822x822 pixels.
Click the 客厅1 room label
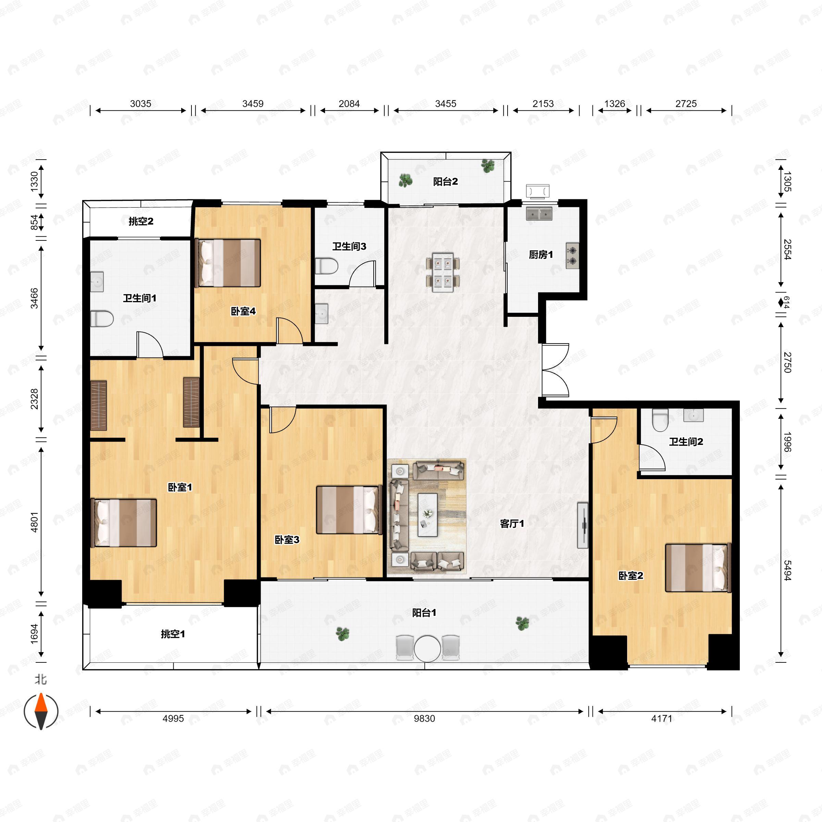512,524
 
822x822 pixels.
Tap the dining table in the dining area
443,272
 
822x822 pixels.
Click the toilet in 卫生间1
102,318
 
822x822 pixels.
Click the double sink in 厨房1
539,214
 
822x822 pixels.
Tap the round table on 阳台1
427,648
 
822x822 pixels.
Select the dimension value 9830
424,719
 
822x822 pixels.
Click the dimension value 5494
787,570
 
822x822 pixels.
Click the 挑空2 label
141,221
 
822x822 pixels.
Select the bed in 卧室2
698,568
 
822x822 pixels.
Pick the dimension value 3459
253,104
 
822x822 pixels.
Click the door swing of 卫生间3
362,274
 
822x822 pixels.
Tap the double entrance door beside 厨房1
555,370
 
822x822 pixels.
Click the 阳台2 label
446,182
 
